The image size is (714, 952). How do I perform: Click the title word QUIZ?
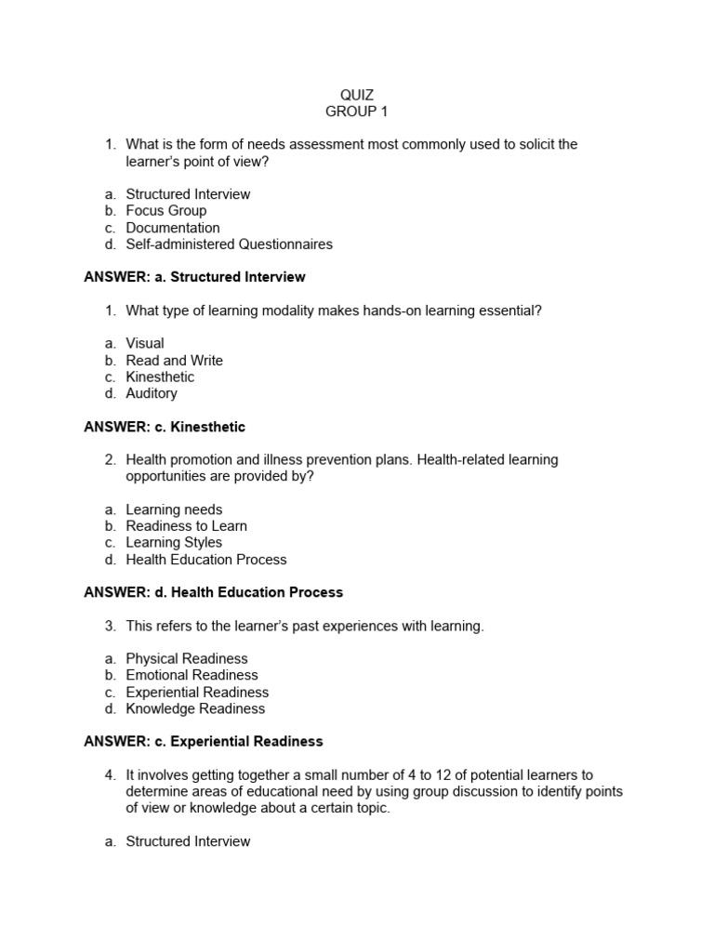coord(357,95)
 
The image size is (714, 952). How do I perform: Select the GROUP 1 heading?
coord(357,112)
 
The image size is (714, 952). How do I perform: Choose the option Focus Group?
coord(166,211)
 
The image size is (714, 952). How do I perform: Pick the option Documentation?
coord(173,228)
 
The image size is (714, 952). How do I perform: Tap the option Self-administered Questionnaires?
coord(229,245)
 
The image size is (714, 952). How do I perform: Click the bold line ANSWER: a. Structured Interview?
coord(194,277)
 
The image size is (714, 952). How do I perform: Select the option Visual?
coord(145,343)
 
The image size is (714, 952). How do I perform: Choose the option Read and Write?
coord(175,360)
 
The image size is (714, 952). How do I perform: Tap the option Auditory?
coord(152,393)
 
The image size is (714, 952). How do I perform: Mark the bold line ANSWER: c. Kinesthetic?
coord(165,427)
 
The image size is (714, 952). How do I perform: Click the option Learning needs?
coord(174,509)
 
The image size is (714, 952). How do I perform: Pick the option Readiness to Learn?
coord(187,526)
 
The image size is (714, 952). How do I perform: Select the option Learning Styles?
coord(174,542)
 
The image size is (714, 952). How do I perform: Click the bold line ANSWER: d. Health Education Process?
coord(213,592)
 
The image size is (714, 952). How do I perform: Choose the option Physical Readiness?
coord(187,658)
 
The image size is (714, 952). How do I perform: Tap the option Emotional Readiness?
coord(192,675)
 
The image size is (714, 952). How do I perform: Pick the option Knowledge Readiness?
coord(195,708)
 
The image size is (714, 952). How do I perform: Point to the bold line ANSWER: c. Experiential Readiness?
coord(204,741)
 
